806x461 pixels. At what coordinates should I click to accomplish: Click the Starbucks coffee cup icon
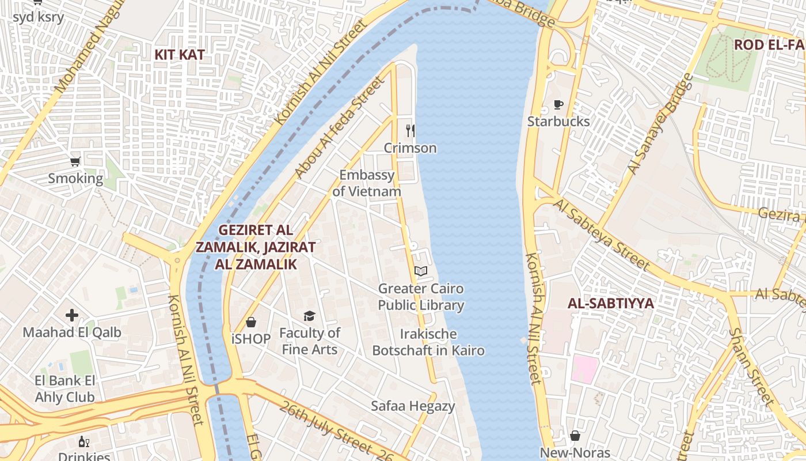(x=558, y=105)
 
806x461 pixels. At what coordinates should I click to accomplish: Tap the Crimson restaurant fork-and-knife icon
(x=410, y=131)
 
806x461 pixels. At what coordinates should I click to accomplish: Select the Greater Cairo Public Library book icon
(x=421, y=271)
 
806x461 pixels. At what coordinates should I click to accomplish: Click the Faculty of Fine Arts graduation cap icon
(x=310, y=316)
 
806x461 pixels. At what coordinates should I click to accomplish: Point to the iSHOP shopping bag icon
(x=251, y=322)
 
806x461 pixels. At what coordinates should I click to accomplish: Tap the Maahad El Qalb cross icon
(x=72, y=315)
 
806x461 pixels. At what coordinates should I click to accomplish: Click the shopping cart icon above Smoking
(x=75, y=161)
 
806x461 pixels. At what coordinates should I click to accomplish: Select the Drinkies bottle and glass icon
(x=84, y=442)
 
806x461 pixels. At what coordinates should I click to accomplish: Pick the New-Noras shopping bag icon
(x=575, y=436)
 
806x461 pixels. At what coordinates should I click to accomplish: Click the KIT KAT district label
(x=180, y=55)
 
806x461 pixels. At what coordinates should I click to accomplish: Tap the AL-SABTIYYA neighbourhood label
(x=610, y=304)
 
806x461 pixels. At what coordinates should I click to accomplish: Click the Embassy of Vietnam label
(x=367, y=183)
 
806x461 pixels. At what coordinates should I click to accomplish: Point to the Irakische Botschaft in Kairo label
(x=428, y=342)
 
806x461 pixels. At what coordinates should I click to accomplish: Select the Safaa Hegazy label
(x=413, y=406)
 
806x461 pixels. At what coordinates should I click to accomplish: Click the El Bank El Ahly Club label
(x=64, y=389)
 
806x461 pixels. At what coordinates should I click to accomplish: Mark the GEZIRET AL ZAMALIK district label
(x=256, y=247)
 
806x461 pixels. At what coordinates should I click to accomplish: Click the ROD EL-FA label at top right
(x=769, y=45)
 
